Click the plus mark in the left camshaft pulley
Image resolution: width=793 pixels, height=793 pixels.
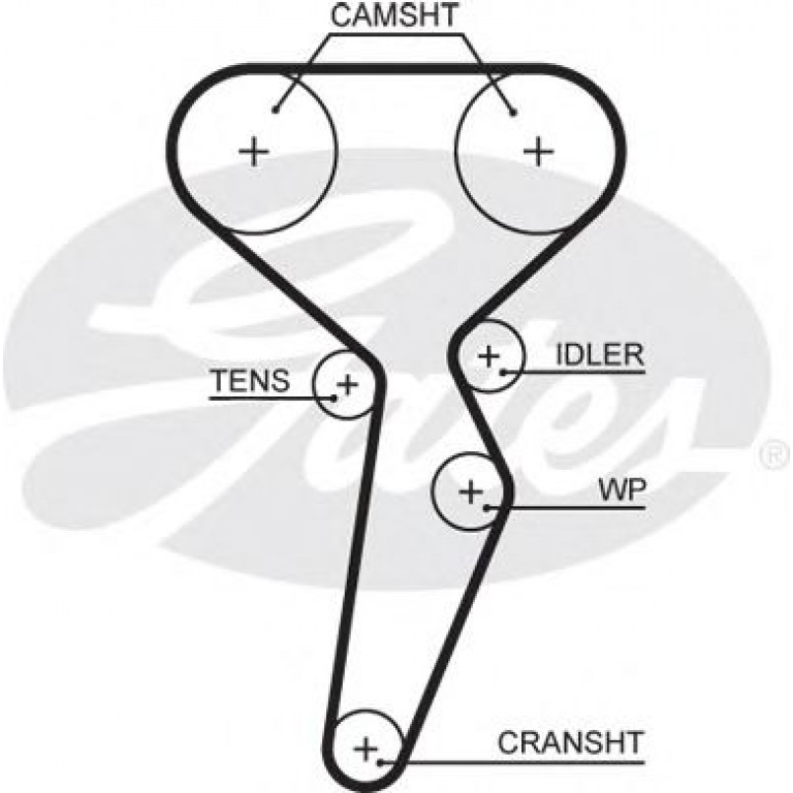click(253, 151)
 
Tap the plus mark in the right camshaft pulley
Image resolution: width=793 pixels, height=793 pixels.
click(538, 151)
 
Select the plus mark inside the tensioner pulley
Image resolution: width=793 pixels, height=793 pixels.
click(347, 381)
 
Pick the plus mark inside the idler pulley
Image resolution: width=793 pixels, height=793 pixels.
click(490, 355)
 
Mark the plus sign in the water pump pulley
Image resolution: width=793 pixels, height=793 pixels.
click(471, 490)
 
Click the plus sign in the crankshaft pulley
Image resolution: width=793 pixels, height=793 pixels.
click(366, 748)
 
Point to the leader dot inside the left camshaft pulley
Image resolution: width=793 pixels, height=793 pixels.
click(277, 109)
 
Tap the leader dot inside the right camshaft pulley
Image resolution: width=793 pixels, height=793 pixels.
click(513, 110)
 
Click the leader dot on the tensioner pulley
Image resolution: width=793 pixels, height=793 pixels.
click(335, 398)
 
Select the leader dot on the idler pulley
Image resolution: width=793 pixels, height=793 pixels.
click(502, 371)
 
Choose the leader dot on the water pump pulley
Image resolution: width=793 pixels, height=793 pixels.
click(488, 507)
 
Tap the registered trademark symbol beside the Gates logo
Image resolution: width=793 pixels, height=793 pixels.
click(770, 456)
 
